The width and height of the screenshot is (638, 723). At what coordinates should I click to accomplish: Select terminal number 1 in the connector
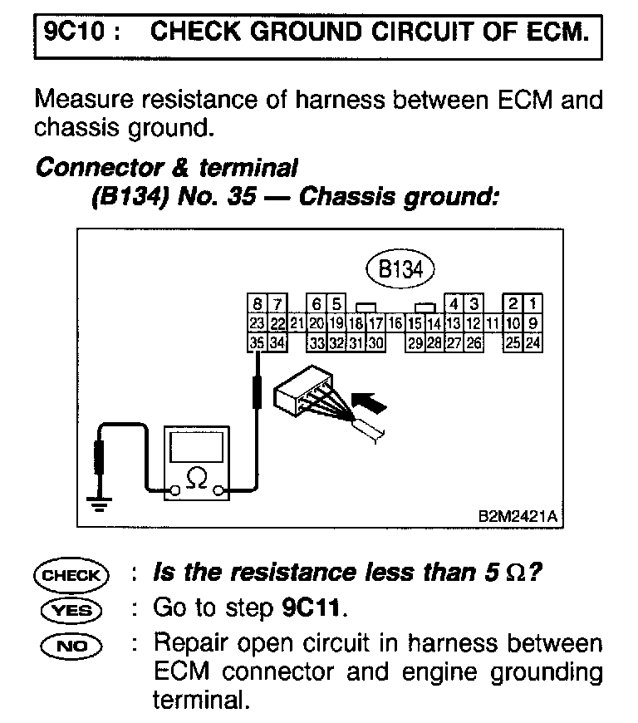[533, 304]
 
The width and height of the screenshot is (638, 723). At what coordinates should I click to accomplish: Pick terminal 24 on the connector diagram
[533, 342]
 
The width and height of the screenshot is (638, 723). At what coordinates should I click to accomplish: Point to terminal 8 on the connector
[259, 304]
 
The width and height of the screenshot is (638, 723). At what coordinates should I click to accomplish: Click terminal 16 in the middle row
[395, 323]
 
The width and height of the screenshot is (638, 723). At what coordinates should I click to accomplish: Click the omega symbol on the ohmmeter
[197, 479]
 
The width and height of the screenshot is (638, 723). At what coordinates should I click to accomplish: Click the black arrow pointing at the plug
[371, 405]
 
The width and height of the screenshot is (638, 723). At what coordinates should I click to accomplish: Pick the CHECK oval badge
[70, 575]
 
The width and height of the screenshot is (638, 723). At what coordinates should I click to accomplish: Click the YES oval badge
[70, 610]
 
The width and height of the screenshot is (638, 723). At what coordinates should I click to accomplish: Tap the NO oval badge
[70, 645]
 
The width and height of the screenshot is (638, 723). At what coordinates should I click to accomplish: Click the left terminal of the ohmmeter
[174, 492]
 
